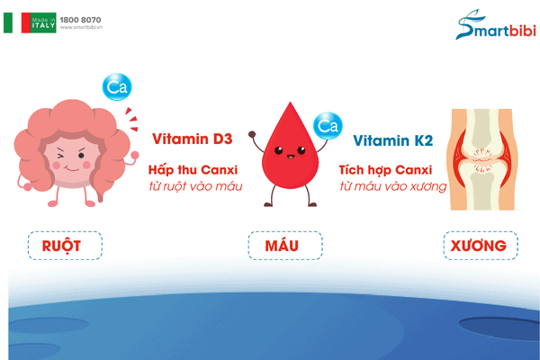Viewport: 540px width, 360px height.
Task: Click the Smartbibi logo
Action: [x=496, y=25]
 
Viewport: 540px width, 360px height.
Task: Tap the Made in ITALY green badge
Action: [x=43, y=22]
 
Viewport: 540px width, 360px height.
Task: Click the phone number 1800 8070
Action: [x=80, y=20]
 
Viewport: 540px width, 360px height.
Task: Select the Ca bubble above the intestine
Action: [x=117, y=86]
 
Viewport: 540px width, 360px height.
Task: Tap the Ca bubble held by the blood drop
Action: [x=328, y=126]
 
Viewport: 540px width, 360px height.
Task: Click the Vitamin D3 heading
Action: [x=193, y=139]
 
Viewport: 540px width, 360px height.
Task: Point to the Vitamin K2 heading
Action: [x=393, y=140]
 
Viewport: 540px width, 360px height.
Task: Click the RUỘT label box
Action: [x=65, y=246]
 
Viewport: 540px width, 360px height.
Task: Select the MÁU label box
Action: [x=285, y=246]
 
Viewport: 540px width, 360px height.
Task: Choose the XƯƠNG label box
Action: [x=481, y=246]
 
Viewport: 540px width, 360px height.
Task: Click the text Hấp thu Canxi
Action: [x=193, y=170]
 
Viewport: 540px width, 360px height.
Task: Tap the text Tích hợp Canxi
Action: [x=385, y=170]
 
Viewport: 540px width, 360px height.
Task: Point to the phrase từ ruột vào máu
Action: [x=195, y=186]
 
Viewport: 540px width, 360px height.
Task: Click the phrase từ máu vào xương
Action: [x=393, y=186]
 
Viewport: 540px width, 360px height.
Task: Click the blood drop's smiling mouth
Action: [x=291, y=157]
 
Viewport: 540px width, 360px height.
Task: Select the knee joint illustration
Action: [x=482, y=159]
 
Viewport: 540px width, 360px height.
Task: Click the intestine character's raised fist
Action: [x=135, y=156]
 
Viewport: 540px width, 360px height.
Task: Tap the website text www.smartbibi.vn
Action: [x=81, y=28]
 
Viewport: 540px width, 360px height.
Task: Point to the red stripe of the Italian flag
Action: [x=26, y=22]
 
